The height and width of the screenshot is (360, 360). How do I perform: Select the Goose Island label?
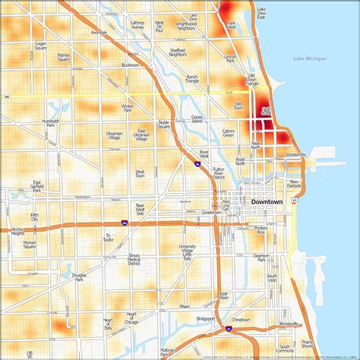tap(197, 119)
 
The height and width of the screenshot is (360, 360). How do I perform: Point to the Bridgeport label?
tap(206, 319)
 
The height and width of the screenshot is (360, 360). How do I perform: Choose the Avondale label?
tap(99, 33)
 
